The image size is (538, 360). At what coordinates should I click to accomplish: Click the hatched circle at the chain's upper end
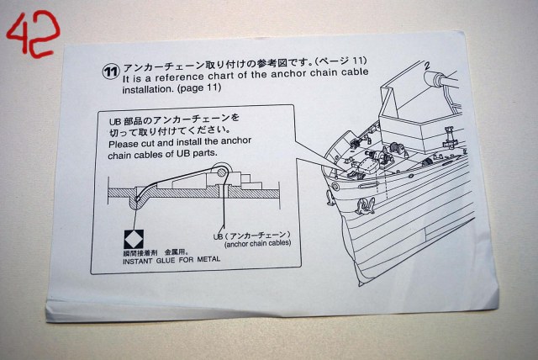click(x=222, y=172)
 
